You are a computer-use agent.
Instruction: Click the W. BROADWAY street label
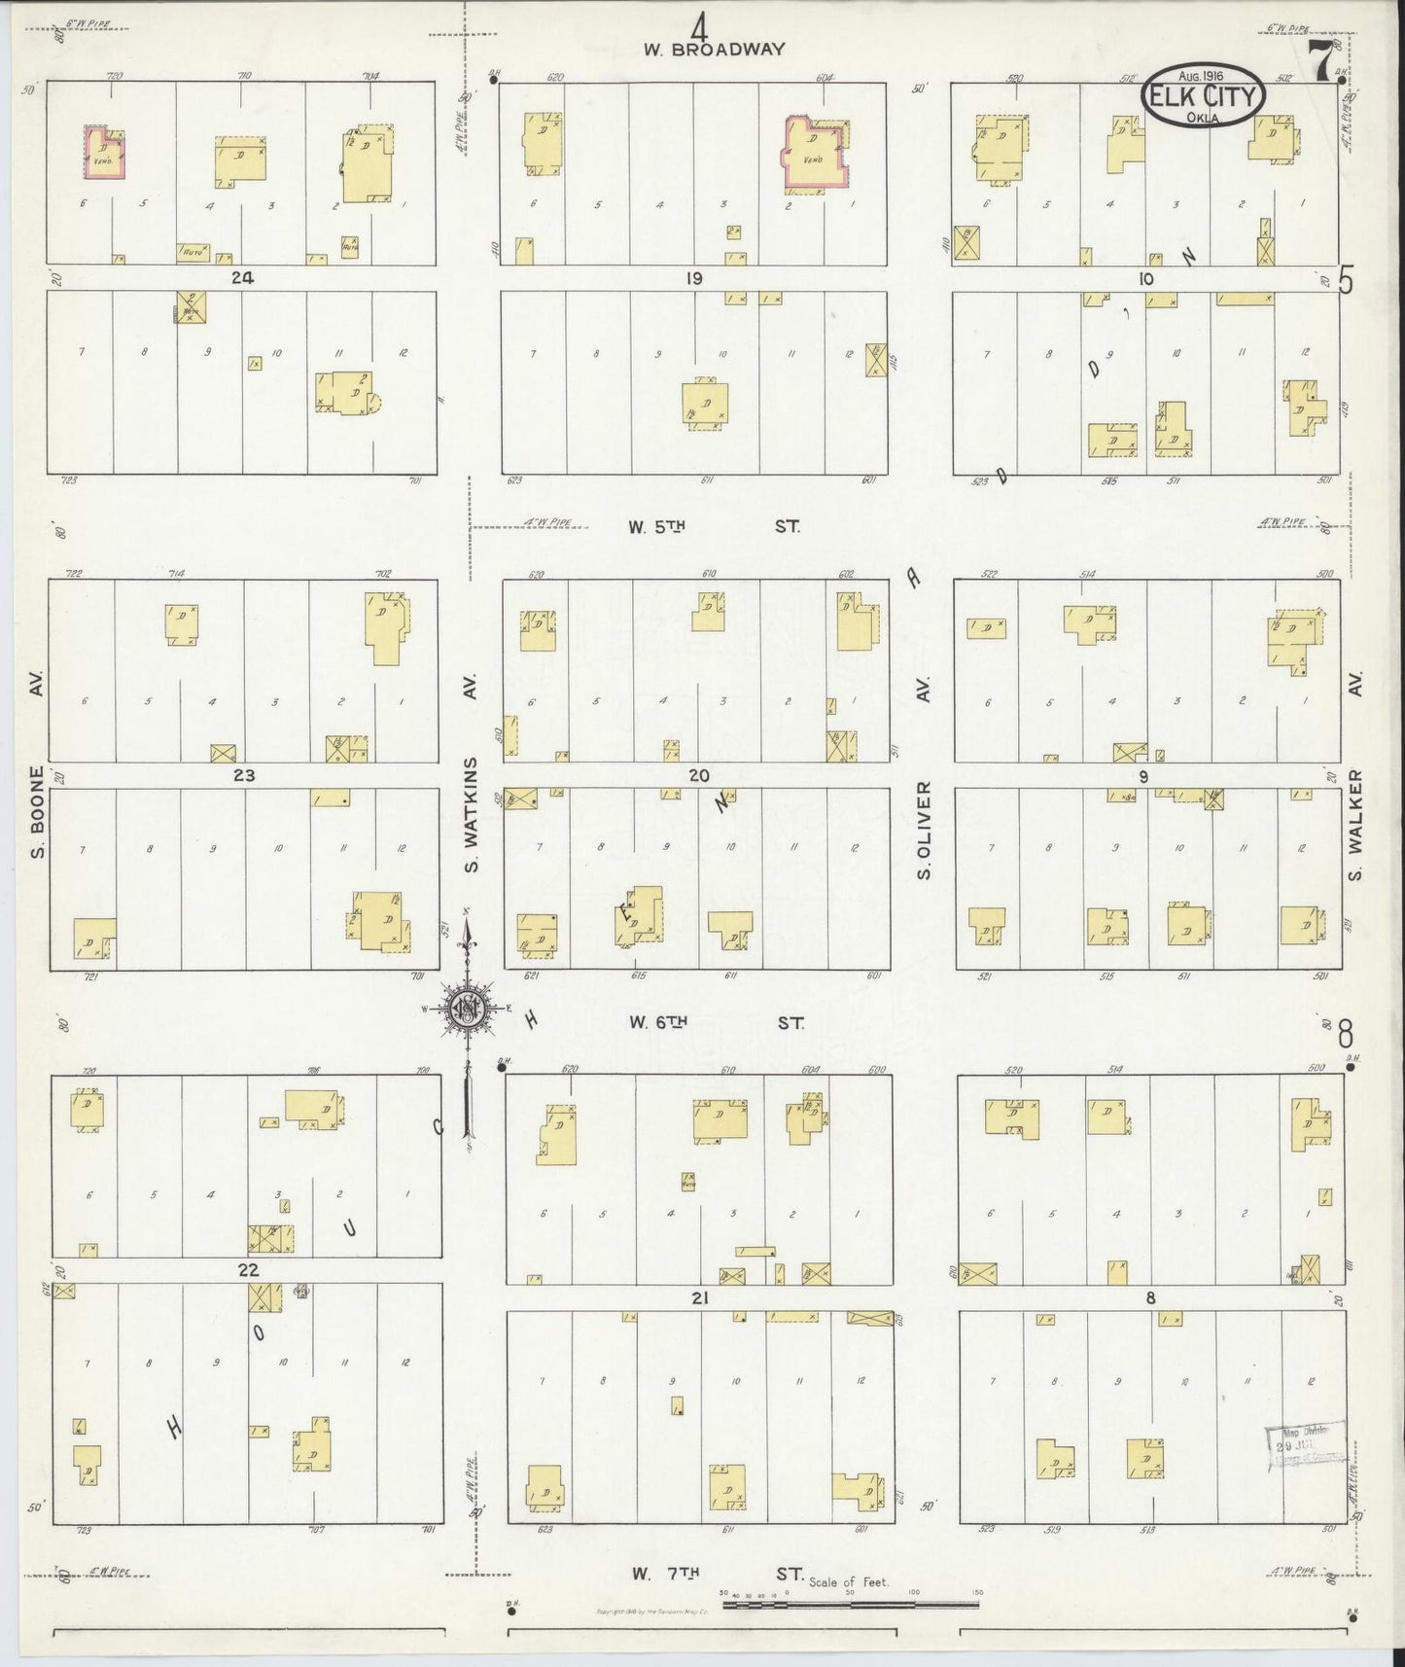point(713,50)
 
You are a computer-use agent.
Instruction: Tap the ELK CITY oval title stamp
point(1205,96)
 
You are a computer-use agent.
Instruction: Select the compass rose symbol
point(467,1011)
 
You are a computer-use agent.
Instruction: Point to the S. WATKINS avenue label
point(474,813)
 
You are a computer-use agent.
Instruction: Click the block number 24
point(242,277)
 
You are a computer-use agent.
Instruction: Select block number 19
point(692,278)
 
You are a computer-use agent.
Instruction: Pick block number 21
point(699,1297)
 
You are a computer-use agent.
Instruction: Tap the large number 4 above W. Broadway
point(700,21)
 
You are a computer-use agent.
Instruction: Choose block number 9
point(1144,776)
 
